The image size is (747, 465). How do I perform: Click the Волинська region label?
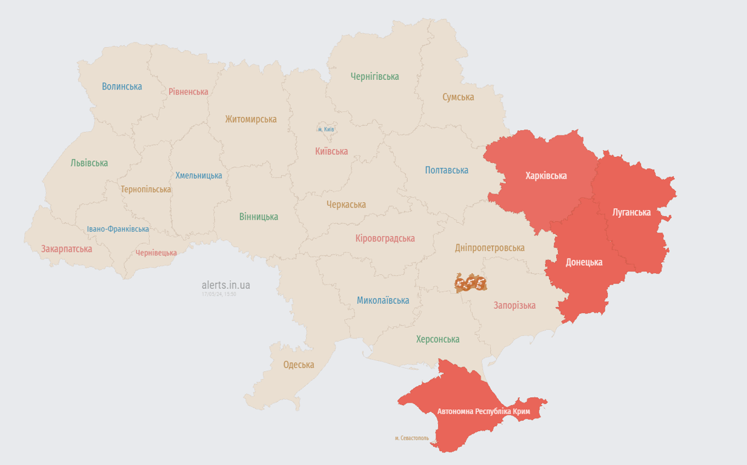click(x=122, y=87)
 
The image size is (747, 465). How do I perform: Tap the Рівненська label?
click(x=188, y=92)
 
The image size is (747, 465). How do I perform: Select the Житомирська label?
click(x=251, y=119)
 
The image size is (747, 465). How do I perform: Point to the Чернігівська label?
click(x=374, y=77)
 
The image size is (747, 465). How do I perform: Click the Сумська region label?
click(x=458, y=97)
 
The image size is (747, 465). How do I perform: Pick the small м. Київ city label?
click(x=326, y=130)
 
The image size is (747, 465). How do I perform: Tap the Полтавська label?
click(x=447, y=170)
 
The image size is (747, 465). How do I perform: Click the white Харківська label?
click(x=546, y=176)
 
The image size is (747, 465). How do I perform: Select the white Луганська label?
click(x=631, y=213)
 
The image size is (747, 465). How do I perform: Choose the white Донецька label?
click(x=583, y=262)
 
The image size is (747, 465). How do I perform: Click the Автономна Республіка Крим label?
click(x=483, y=412)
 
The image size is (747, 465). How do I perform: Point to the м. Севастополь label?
click(x=411, y=438)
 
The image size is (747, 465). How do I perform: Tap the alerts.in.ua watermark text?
click(x=225, y=285)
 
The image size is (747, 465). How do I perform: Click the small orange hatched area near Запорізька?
click(x=471, y=283)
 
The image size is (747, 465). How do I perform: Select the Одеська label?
click(x=299, y=365)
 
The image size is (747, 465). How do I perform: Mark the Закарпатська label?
click(x=67, y=249)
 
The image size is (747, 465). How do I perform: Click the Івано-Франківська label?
click(x=118, y=229)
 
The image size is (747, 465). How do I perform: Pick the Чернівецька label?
click(x=156, y=253)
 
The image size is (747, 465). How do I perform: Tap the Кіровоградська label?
click(x=385, y=239)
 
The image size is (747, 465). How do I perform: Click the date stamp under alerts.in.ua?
click(x=219, y=294)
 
